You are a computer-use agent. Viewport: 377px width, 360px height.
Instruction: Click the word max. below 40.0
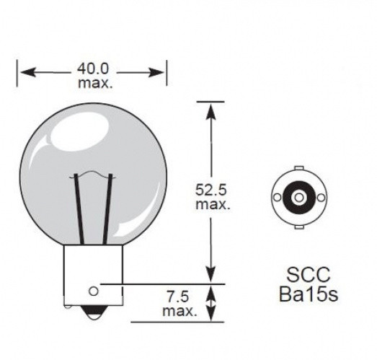93,84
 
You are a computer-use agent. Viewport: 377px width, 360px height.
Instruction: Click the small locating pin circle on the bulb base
93,291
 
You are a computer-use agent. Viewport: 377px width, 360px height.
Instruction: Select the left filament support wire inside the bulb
79,209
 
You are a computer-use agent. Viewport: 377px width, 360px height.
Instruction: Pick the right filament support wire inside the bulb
108,209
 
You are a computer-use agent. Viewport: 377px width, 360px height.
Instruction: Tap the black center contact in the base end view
297,196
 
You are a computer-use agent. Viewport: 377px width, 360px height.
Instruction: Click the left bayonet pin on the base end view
275,197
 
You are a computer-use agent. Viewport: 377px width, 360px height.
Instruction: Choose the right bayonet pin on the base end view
319,197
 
